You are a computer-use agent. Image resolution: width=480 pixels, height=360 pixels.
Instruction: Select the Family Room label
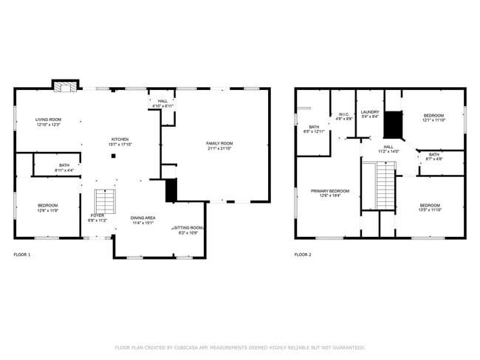tap(219, 145)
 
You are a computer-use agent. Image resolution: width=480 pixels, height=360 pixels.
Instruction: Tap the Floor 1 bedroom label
tap(47, 207)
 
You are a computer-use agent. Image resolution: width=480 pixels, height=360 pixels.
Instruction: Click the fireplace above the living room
tap(64, 86)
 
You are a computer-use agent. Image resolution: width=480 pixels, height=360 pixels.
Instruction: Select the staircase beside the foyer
tap(105, 201)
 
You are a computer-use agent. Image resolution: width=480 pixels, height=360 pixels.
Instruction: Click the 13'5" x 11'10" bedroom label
tap(430, 207)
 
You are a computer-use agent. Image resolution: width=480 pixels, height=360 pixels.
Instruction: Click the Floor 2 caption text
tap(303, 255)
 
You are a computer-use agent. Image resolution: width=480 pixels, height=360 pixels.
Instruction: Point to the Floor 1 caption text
tap(22, 255)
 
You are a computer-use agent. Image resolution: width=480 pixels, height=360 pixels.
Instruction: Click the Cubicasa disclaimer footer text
tap(240, 347)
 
